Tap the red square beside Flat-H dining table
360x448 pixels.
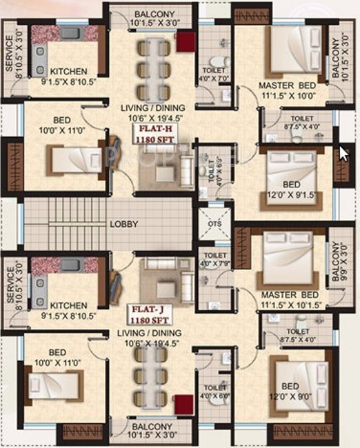pyautogui.click(x=185, y=42)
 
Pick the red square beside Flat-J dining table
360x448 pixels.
pyautogui.click(x=181, y=404)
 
